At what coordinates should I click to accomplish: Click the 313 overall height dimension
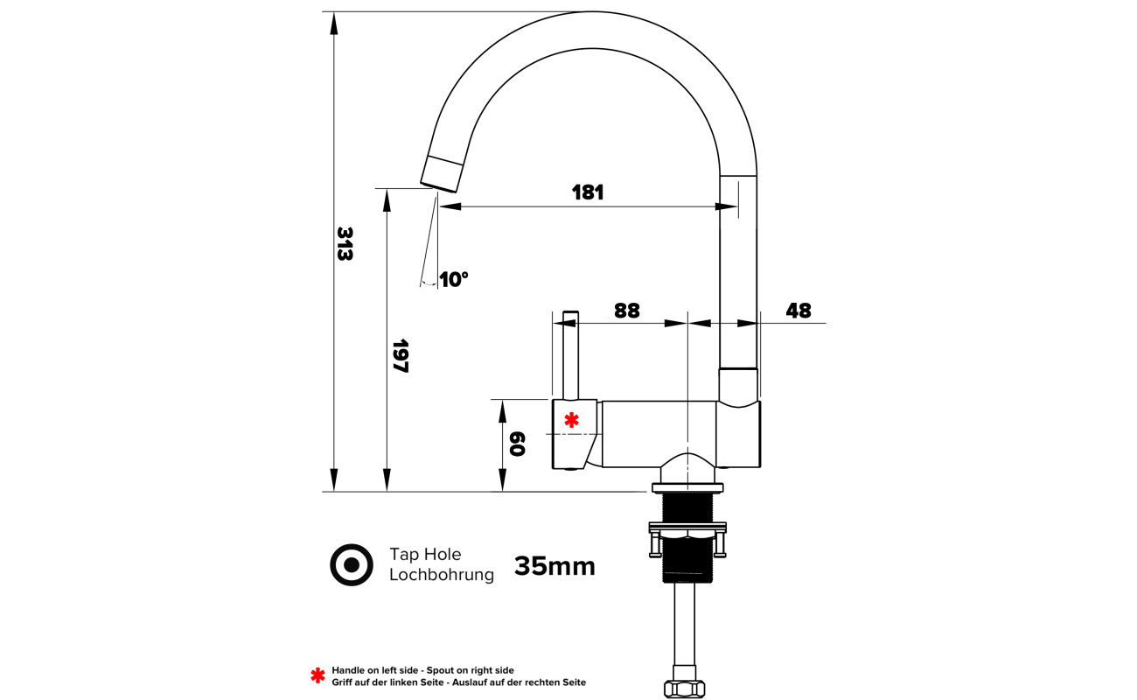pyautogui.click(x=345, y=244)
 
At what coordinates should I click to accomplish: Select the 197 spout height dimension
pyautogui.click(x=401, y=356)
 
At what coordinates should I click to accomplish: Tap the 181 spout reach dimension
pyautogui.click(x=587, y=192)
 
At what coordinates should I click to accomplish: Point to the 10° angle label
pyautogui.click(x=453, y=279)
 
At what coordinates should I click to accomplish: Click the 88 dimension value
pyautogui.click(x=627, y=311)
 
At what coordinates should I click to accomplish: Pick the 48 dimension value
pyautogui.click(x=799, y=311)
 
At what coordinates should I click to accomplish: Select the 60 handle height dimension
pyautogui.click(x=517, y=444)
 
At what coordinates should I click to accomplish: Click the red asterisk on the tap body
pyautogui.click(x=571, y=420)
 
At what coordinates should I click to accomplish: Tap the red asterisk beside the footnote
pyautogui.click(x=317, y=675)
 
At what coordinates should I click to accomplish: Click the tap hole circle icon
pyautogui.click(x=352, y=565)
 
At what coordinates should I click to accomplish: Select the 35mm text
pyautogui.click(x=555, y=566)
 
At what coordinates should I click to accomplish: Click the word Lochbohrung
pyautogui.click(x=442, y=575)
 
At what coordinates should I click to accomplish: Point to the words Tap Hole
pyautogui.click(x=425, y=554)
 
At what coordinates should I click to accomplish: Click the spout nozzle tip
pyautogui.click(x=441, y=174)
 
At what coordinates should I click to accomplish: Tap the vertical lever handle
pyautogui.click(x=570, y=355)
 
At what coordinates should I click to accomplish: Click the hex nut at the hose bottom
pyautogui.click(x=684, y=689)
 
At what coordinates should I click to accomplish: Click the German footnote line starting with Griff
pyautogui.click(x=459, y=682)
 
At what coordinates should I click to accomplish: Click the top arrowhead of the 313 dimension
pyautogui.click(x=333, y=24)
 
